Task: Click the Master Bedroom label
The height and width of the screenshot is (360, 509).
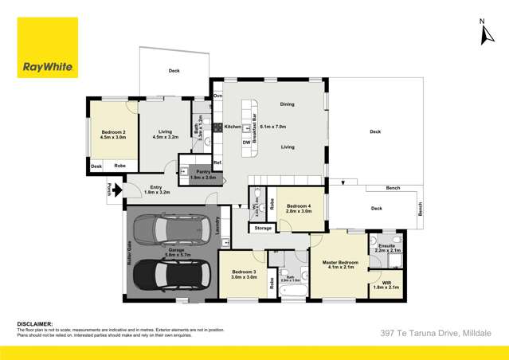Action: (x=339, y=262)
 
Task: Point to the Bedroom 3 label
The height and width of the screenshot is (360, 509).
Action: (x=244, y=272)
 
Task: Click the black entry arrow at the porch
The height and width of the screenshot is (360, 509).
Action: (x=116, y=190)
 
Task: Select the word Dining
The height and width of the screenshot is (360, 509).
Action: (x=288, y=105)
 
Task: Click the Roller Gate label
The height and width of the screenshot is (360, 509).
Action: (x=127, y=253)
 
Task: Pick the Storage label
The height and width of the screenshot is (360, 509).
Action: (x=264, y=228)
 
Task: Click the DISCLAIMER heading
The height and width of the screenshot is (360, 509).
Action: (x=35, y=324)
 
